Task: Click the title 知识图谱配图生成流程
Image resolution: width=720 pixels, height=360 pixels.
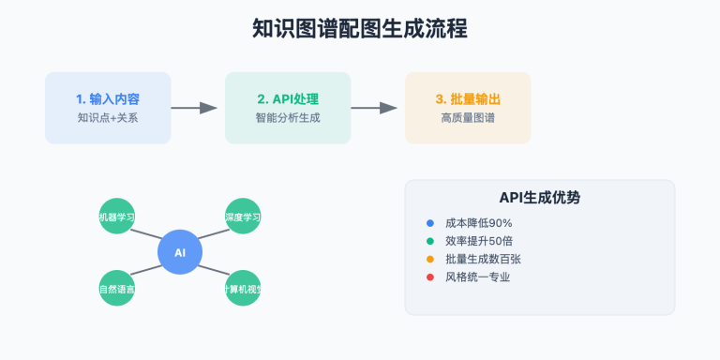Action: [360, 29]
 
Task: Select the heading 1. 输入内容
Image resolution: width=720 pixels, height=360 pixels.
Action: [108, 98]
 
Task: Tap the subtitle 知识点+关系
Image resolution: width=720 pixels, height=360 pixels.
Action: [108, 118]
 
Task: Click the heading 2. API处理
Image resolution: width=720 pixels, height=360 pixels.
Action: [288, 98]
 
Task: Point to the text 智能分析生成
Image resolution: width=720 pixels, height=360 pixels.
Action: [288, 118]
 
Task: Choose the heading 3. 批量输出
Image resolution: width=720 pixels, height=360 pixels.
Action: [467, 98]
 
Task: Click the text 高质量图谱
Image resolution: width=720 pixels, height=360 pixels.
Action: [467, 118]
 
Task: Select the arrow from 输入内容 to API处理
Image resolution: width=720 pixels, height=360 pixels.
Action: [194, 108]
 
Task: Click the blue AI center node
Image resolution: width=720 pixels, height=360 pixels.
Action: [180, 252]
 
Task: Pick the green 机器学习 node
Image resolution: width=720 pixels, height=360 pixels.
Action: [117, 217]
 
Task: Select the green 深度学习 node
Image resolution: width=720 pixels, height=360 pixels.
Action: [243, 217]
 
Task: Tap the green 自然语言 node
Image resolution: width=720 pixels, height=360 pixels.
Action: [117, 289]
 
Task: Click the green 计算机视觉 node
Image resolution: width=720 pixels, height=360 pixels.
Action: [243, 289]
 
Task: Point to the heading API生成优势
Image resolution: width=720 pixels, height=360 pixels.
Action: [539, 198]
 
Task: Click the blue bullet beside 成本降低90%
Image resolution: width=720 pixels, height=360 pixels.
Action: [430, 223]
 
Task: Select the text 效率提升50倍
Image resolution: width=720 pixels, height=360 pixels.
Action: [478, 241]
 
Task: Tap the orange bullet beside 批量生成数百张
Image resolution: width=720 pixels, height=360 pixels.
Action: [430, 259]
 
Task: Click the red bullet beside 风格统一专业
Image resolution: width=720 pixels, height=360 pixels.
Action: [430, 277]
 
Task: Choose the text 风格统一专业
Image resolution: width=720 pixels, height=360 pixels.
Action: [478, 277]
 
